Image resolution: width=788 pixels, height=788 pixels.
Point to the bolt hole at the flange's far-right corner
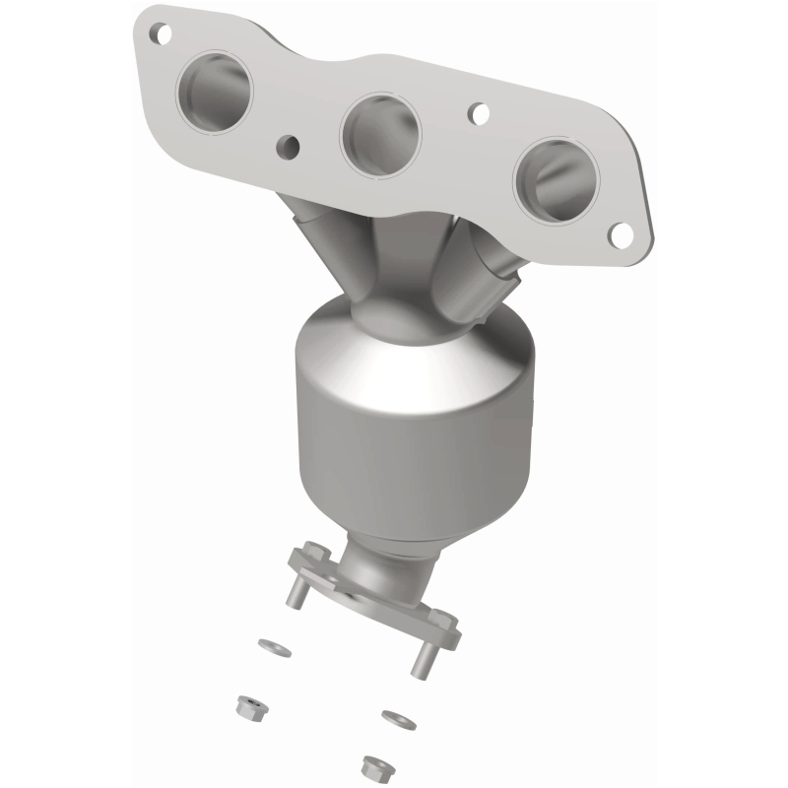click(621, 234)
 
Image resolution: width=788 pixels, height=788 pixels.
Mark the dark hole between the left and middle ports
click(289, 148)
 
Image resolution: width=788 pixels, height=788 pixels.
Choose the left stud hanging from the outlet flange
click(296, 593)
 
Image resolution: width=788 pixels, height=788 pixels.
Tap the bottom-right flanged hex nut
click(372, 763)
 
